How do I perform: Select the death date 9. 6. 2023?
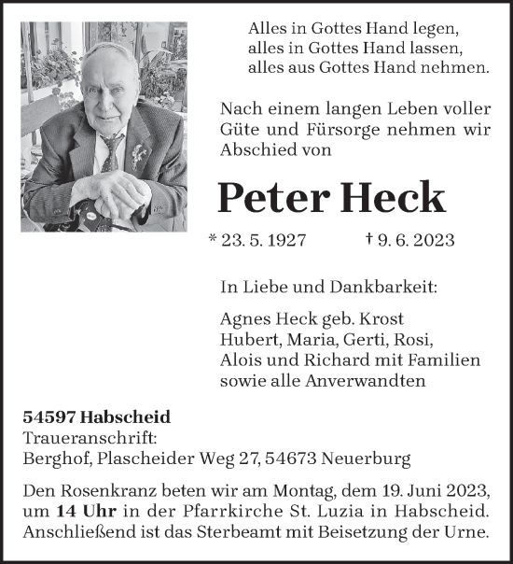(x=417, y=241)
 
